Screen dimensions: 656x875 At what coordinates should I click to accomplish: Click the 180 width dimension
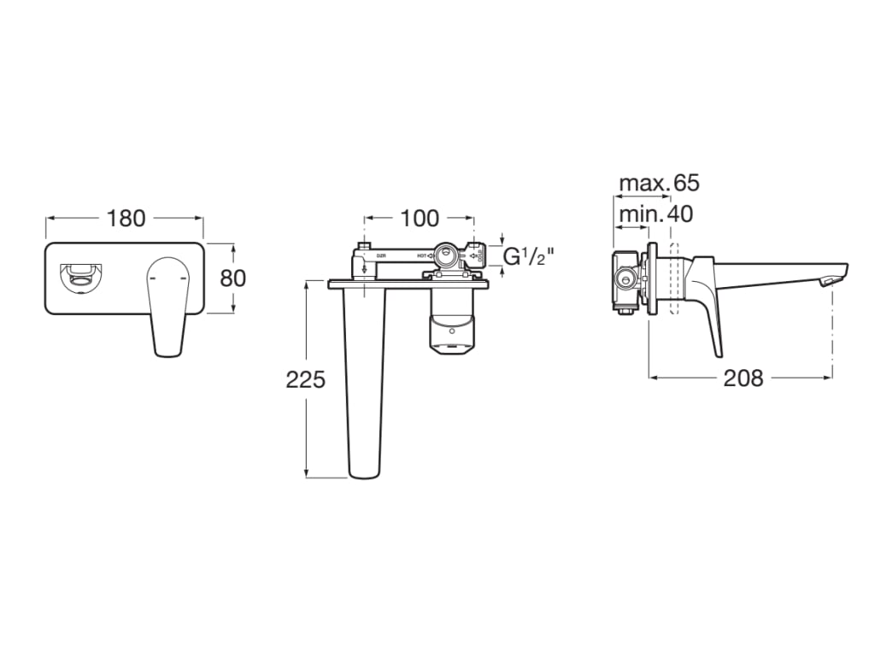[x=126, y=219]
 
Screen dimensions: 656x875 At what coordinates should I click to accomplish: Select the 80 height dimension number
[x=232, y=278]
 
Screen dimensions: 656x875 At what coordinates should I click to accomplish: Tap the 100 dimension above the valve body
[x=419, y=219]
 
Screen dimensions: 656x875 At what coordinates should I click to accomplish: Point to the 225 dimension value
[x=305, y=379]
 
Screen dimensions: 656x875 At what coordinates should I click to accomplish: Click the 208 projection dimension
[x=743, y=378]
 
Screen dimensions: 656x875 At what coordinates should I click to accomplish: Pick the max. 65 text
[x=658, y=183]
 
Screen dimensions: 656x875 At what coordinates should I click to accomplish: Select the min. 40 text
[x=655, y=214]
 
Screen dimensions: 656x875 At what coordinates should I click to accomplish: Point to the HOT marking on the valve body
[x=422, y=255]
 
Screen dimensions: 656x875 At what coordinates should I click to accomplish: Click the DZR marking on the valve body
[x=382, y=255]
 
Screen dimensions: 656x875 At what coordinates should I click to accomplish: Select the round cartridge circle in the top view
[x=446, y=255]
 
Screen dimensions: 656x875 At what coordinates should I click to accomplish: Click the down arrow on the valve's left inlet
[x=365, y=268]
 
